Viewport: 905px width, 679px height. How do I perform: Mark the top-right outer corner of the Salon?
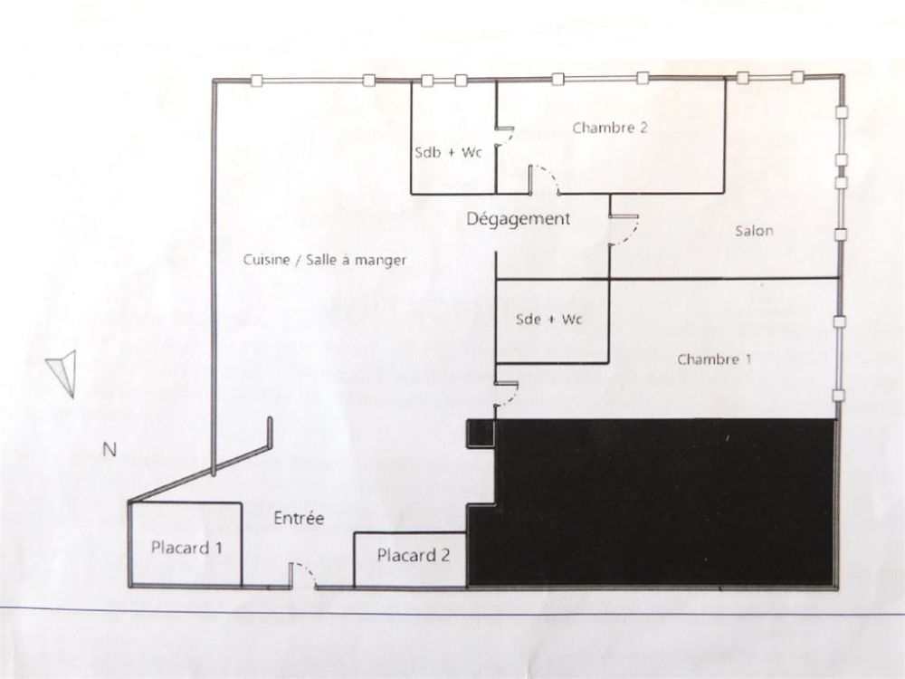tap(843, 76)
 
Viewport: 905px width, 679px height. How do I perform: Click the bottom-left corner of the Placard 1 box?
tap(131, 586)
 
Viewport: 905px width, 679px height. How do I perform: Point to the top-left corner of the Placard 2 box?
tap(355, 533)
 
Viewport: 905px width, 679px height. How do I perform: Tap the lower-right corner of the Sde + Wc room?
tap(609, 363)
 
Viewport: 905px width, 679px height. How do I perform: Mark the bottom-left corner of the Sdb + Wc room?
tap(412, 194)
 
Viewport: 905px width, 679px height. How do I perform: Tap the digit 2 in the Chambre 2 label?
tap(643, 127)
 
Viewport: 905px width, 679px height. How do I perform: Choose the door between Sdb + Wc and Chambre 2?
tap(504, 137)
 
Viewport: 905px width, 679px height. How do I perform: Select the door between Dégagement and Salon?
tap(624, 230)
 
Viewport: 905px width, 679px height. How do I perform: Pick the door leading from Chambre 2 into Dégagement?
tap(544, 179)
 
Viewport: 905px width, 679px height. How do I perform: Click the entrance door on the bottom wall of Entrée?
tap(302, 576)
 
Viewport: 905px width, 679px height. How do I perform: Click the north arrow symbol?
tap(62, 374)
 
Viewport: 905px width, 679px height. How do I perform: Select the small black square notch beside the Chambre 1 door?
tap(481, 433)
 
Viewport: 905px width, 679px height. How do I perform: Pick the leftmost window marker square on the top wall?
tap(257, 81)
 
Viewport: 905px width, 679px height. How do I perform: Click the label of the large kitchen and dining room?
tap(325, 261)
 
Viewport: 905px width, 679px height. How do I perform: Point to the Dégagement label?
tap(518, 219)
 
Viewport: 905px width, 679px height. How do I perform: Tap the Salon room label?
tap(754, 231)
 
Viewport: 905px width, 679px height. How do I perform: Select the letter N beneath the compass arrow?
tap(110, 449)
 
